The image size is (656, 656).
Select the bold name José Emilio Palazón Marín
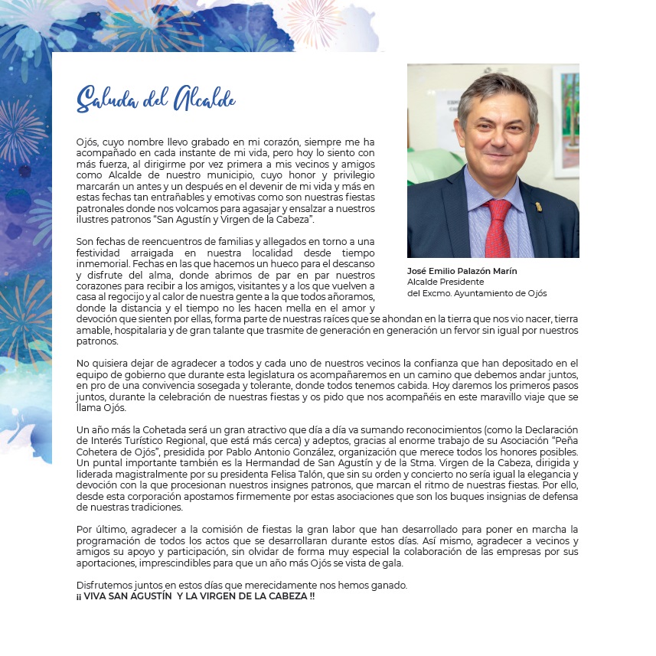point(462,271)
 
